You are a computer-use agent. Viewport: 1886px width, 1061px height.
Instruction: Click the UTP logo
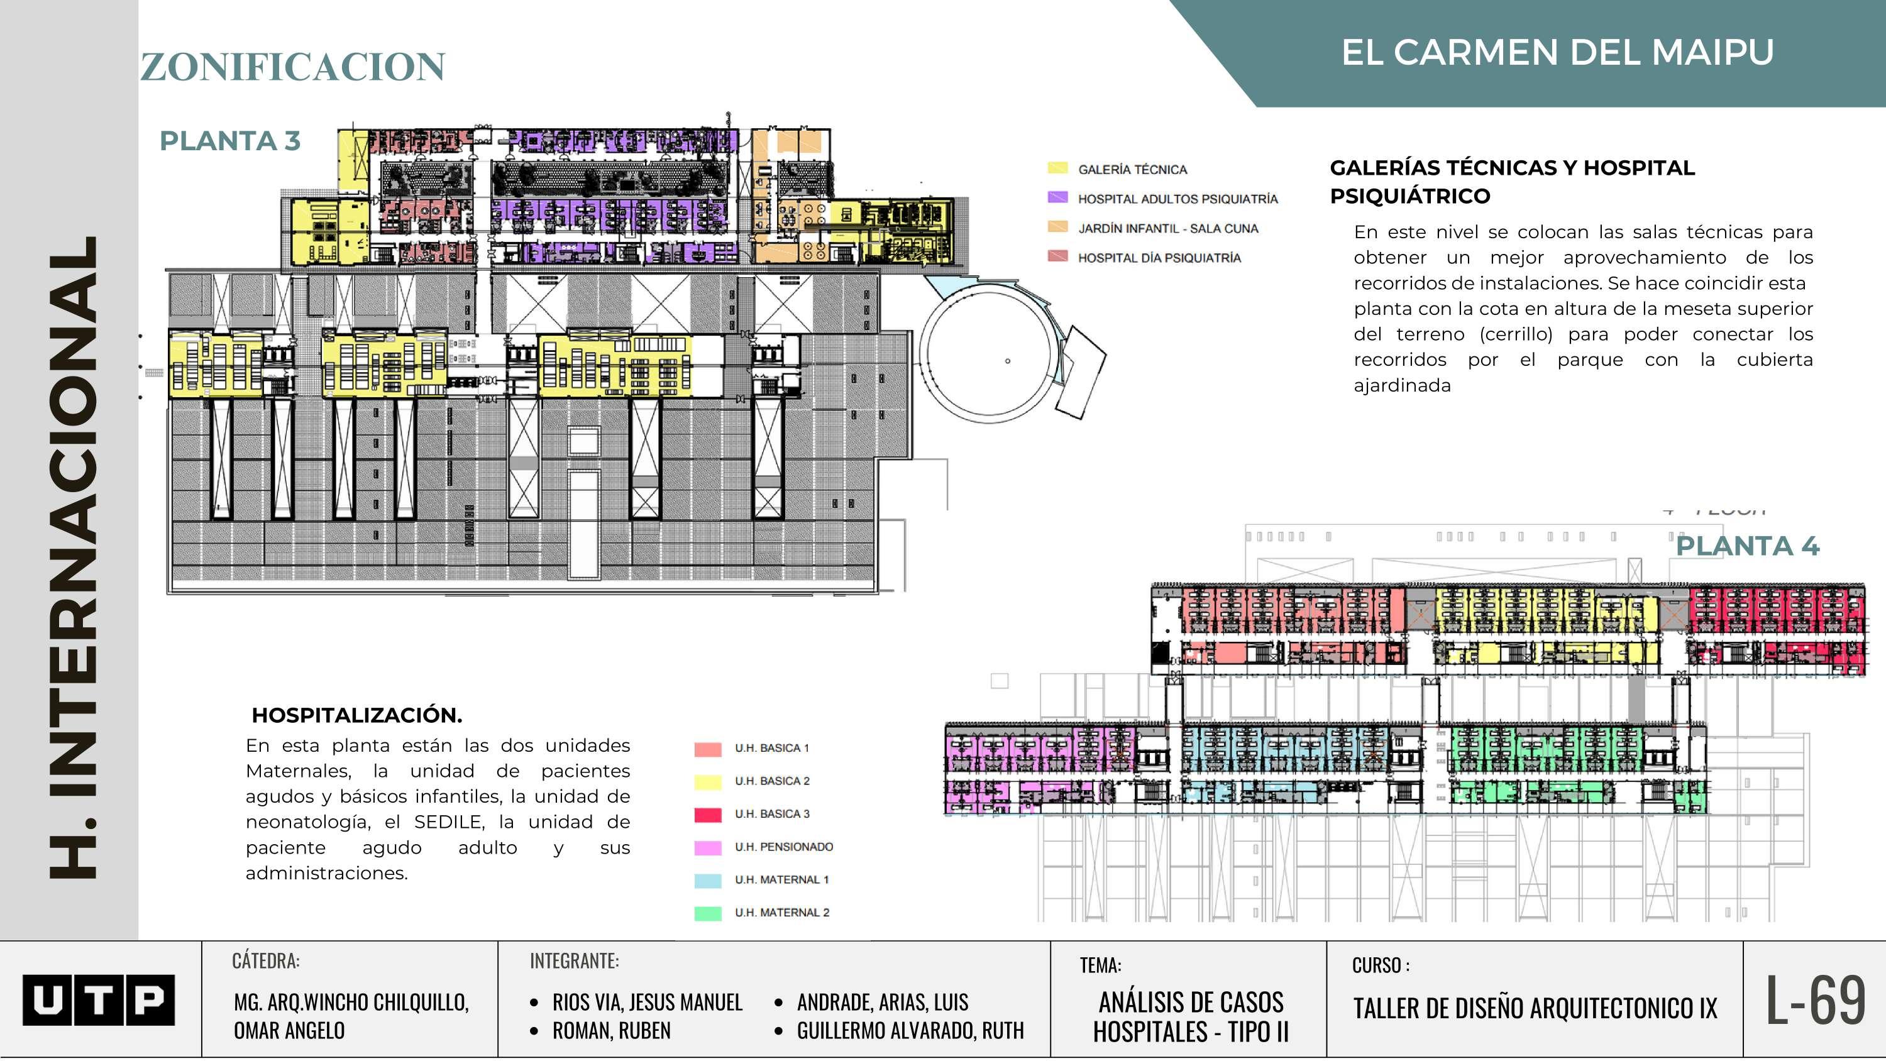click(98, 999)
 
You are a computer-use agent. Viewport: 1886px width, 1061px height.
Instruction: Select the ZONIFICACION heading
click(292, 67)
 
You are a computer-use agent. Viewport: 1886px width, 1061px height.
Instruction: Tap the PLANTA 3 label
click(230, 141)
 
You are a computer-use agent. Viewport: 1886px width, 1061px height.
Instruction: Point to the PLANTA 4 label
click(1747, 546)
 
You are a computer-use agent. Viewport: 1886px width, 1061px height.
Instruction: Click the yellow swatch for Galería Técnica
click(1057, 168)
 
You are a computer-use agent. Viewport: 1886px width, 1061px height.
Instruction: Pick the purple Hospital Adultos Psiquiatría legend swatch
click(1057, 198)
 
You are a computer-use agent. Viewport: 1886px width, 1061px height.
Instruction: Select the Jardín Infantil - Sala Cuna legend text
click(1168, 228)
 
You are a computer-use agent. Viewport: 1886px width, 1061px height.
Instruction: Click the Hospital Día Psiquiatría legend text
click(1159, 258)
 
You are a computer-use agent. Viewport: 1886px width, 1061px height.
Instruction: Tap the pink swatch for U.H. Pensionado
click(707, 847)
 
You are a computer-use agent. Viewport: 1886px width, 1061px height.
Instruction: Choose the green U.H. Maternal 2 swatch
click(707, 913)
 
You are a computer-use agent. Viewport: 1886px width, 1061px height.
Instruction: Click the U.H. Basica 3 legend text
click(771, 814)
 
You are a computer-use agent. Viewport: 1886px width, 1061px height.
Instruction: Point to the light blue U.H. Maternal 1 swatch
click(707, 880)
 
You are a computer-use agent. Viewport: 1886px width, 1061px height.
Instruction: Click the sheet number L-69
click(1815, 1000)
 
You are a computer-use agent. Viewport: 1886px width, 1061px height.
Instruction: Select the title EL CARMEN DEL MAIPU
click(1557, 53)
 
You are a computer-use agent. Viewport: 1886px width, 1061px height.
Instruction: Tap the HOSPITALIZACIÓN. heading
click(356, 715)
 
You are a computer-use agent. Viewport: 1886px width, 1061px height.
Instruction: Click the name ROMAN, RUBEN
click(611, 1031)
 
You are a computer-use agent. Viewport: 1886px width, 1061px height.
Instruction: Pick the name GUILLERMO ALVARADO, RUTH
click(910, 1031)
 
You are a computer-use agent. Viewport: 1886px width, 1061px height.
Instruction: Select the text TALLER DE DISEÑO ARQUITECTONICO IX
click(1535, 1008)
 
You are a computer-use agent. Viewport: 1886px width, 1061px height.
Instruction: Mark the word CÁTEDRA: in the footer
click(266, 960)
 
